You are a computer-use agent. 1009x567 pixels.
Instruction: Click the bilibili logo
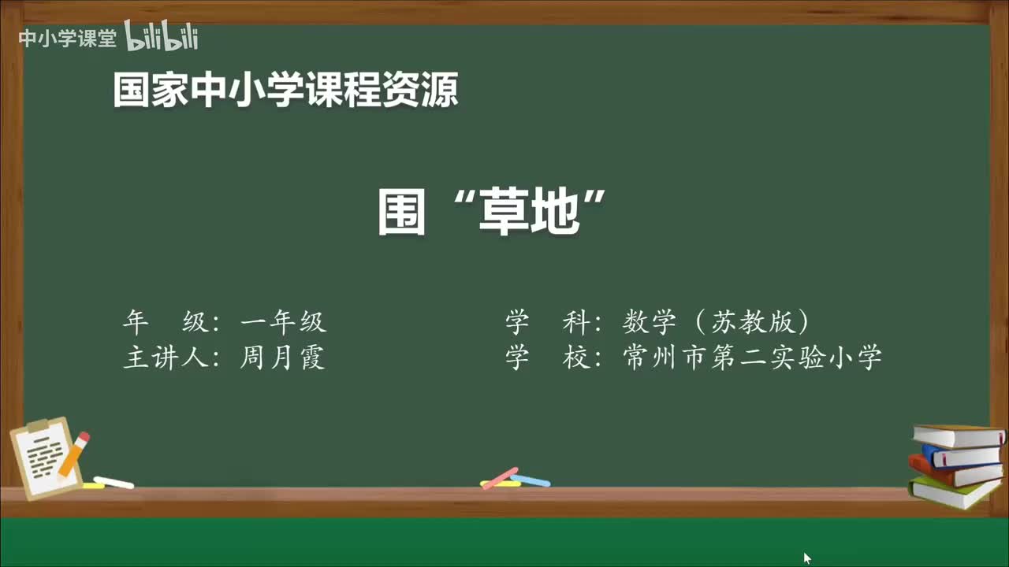click(x=162, y=36)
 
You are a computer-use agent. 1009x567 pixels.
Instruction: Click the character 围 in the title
click(x=402, y=213)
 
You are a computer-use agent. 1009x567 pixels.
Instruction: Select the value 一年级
click(x=283, y=321)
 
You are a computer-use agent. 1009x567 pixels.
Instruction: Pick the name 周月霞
click(x=283, y=358)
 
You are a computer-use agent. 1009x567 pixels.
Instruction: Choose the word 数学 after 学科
click(x=650, y=321)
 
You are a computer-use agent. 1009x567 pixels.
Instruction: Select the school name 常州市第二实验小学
click(x=751, y=358)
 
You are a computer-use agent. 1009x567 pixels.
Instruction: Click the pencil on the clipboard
click(x=74, y=453)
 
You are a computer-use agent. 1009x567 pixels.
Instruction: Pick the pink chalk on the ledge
click(x=500, y=478)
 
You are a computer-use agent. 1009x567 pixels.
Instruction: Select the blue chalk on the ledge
click(x=531, y=480)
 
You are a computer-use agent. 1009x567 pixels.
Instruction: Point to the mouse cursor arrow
click(x=806, y=557)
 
